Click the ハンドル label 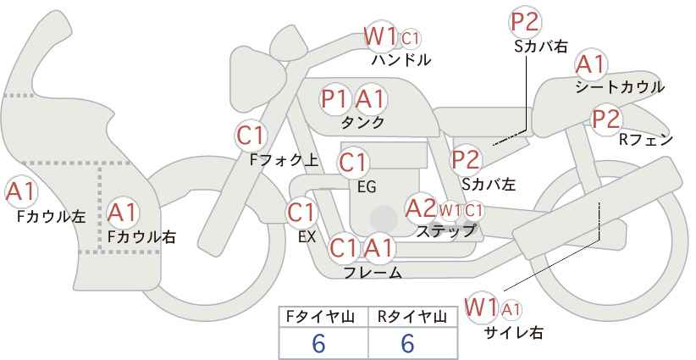pos(401,59)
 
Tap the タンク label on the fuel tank pos(362,122)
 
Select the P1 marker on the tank pos(334,98)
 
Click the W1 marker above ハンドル pos(380,36)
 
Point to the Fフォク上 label pos(284,160)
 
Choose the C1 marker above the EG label pos(353,163)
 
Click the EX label pos(307,237)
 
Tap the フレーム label pos(373,272)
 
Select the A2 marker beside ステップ pos(420,208)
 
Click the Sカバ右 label pos(541,47)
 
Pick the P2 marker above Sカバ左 pos(466,160)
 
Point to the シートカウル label pos(620,87)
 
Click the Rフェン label pos(646,140)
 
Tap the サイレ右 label pos(514,333)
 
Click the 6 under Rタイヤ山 pos(407,343)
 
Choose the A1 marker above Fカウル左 pos(21,191)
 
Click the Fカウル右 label pos(142,236)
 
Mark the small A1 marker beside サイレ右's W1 pos(511,308)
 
